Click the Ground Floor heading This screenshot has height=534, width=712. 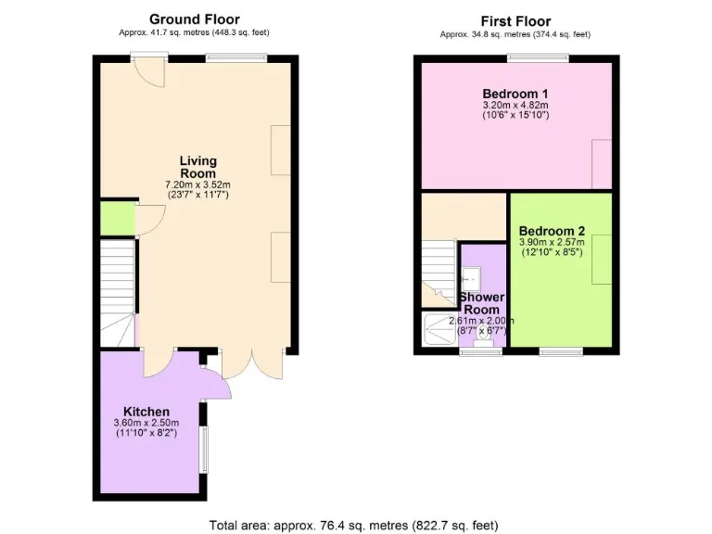click(x=194, y=19)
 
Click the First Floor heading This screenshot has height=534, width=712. click(x=515, y=21)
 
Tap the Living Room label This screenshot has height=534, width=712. click(x=197, y=167)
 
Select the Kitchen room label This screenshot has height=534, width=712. click(x=146, y=412)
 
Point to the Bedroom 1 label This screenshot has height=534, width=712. click(x=515, y=94)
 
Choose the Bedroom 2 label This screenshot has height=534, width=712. click(x=552, y=231)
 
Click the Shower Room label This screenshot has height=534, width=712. click(x=481, y=303)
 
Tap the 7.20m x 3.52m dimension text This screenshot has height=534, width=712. click(x=197, y=184)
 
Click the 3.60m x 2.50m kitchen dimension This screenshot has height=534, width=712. click(x=147, y=424)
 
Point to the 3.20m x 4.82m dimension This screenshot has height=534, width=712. click(x=515, y=106)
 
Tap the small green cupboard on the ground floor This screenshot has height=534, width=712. click(x=117, y=218)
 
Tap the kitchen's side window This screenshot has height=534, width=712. click(x=205, y=449)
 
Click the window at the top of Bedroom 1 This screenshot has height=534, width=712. click(x=538, y=58)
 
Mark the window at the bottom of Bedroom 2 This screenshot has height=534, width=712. click(x=560, y=350)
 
